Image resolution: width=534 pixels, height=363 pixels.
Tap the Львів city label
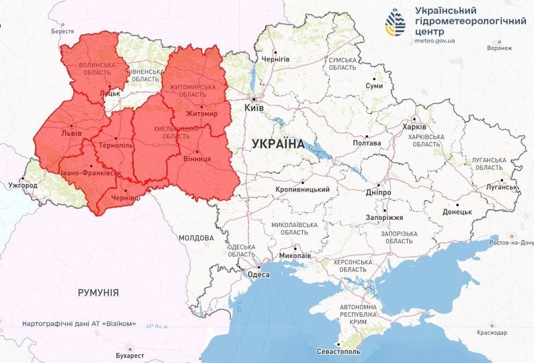coord(71,133)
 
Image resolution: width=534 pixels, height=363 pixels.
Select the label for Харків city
coord(413,127)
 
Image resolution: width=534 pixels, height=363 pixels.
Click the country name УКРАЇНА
coord(277,143)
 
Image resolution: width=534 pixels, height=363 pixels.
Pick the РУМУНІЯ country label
coord(98,292)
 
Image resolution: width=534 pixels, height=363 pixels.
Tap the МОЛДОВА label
coord(196,238)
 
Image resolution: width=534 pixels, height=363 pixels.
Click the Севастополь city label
coord(339,352)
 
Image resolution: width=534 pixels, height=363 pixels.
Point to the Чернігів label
coord(276,59)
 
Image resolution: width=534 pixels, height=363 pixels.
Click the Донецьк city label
coord(457,211)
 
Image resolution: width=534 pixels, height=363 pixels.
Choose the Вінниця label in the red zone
coord(197,159)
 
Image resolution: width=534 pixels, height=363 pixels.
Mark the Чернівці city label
coord(126,198)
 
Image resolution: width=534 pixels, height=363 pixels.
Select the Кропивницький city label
coord(302,190)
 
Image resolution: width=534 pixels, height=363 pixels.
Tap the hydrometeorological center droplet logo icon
coord(395,23)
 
